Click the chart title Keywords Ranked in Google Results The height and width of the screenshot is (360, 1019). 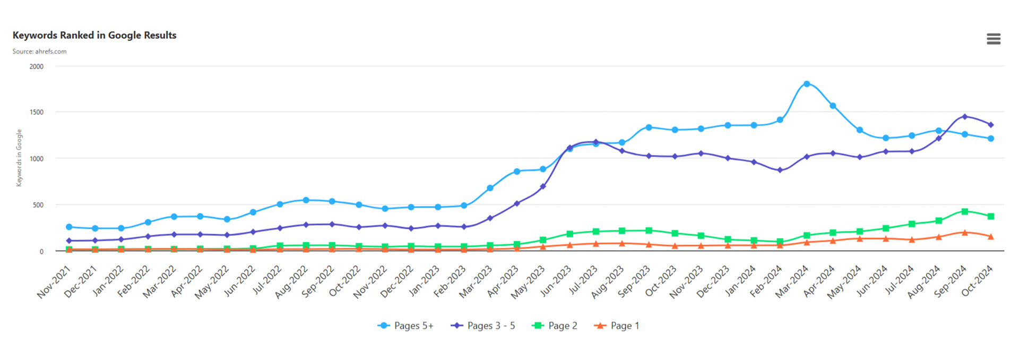click(x=94, y=35)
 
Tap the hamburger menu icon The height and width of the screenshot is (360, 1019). click(x=994, y=39)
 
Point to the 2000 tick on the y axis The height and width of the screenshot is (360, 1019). click(x=37, y=66)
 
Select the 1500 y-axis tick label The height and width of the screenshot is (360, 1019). click(x=37, y=112)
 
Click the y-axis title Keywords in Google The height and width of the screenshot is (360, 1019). click(x=19, y=158)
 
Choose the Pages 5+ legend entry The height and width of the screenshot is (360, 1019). click(x=405, y=325)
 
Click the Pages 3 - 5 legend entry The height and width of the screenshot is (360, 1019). click(x=482, y=325)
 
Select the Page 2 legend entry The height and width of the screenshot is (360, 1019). click(x=555, y=325)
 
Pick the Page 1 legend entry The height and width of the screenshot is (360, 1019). click(x=617, y=325)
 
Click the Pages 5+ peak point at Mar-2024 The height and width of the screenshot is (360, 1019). click(x=807, y=84)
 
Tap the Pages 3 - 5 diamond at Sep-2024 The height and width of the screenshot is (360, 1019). click(x=964, y=116)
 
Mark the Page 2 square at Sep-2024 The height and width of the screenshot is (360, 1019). click(x=964, y=211)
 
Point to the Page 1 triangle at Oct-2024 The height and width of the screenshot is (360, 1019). click(x=990, y=236)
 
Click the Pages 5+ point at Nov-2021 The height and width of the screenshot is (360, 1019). click(x=69, y=227)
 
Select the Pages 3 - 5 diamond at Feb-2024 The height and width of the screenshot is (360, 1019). click(x=780, y=170)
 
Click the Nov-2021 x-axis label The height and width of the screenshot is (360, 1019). click(x=54, y=282)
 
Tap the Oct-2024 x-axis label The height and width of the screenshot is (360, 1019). click(x=977, y=281)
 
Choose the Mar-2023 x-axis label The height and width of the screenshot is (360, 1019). click(x=476, y=282)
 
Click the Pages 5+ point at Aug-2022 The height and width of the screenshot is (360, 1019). click(x=306, y=200)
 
